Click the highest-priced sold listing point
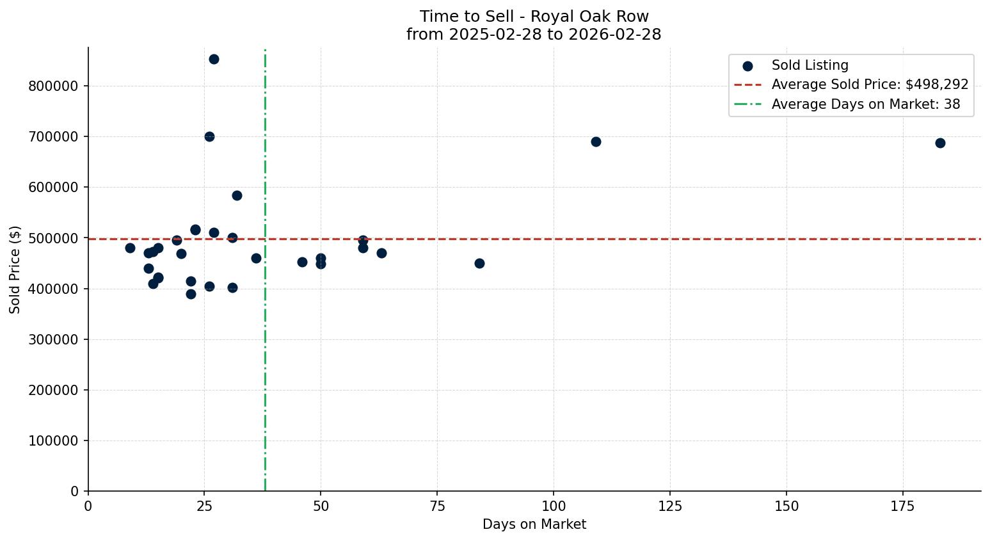(214, 59)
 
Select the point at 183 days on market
(940, 143)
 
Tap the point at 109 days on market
(596, 141)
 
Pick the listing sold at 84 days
(479, 263)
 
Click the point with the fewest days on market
(130, 248)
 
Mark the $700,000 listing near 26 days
(209, 136)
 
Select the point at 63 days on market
(381, 253)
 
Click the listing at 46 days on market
(302, 262)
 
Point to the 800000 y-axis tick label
(53, 86)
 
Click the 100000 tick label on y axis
(53, 441)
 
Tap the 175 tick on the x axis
(903, 506)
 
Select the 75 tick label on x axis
(438, 506)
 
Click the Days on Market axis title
(534, 524)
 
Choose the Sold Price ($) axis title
(15, 270)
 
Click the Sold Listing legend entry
(810, 65)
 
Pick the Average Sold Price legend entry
(869, 85)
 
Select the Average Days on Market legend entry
(865, 104)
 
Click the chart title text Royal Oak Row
(534, 17)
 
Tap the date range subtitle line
(534, 35)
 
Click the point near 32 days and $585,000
(237, 195)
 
